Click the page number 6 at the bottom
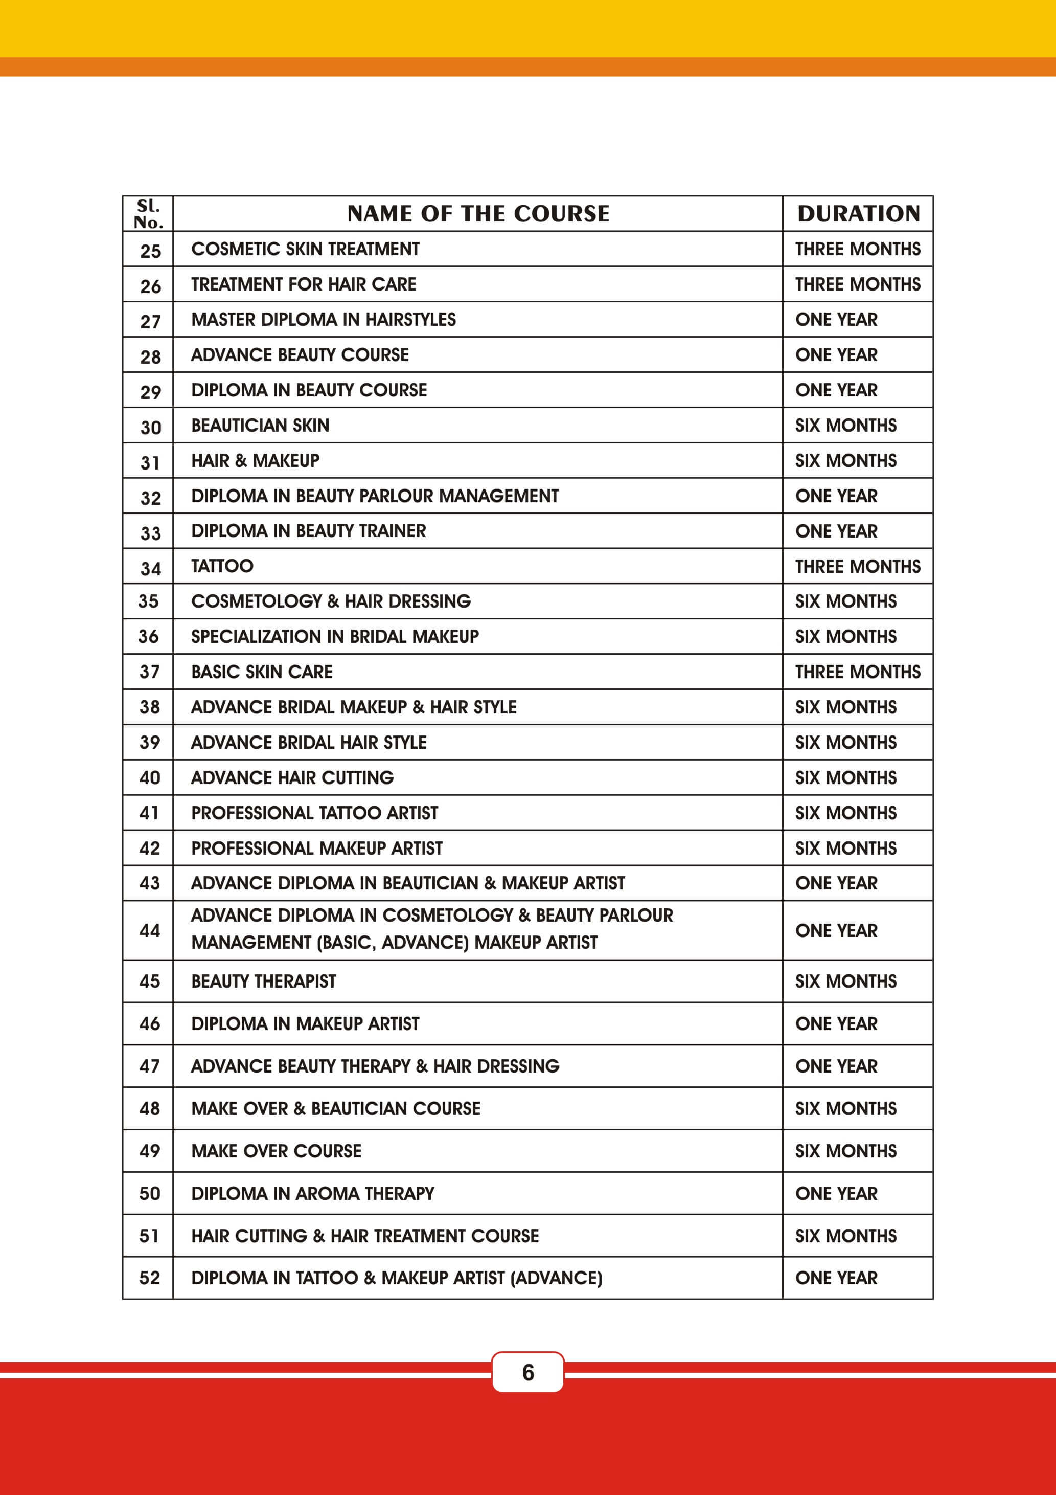click(x=527, y=1372)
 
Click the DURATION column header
click(x=858, y=214)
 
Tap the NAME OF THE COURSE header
click(x=478, y=214)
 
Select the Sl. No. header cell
click(x=148, y=214)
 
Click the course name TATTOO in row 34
click(x=222, y=566)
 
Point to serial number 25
click(x=150, y=251)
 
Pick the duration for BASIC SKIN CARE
click(x=858, y=672)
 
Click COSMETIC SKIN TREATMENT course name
click(x=305, y=249)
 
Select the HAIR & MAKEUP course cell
click(x=255, y=460)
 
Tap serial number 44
click(x=150, y=930)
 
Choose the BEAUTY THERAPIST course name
click(x=264, y=981)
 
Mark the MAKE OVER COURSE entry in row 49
click(x=276, y=1151)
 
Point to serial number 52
click(x=150, y=1278)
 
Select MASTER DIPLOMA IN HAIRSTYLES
click(x=324, y=319)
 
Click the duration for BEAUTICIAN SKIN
click(x=845, y=425)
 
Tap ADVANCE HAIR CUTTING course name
click(x=292, y=777)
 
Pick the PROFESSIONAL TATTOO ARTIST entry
click(x=314, y=813)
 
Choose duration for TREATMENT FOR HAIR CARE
click(x=858, y=284)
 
